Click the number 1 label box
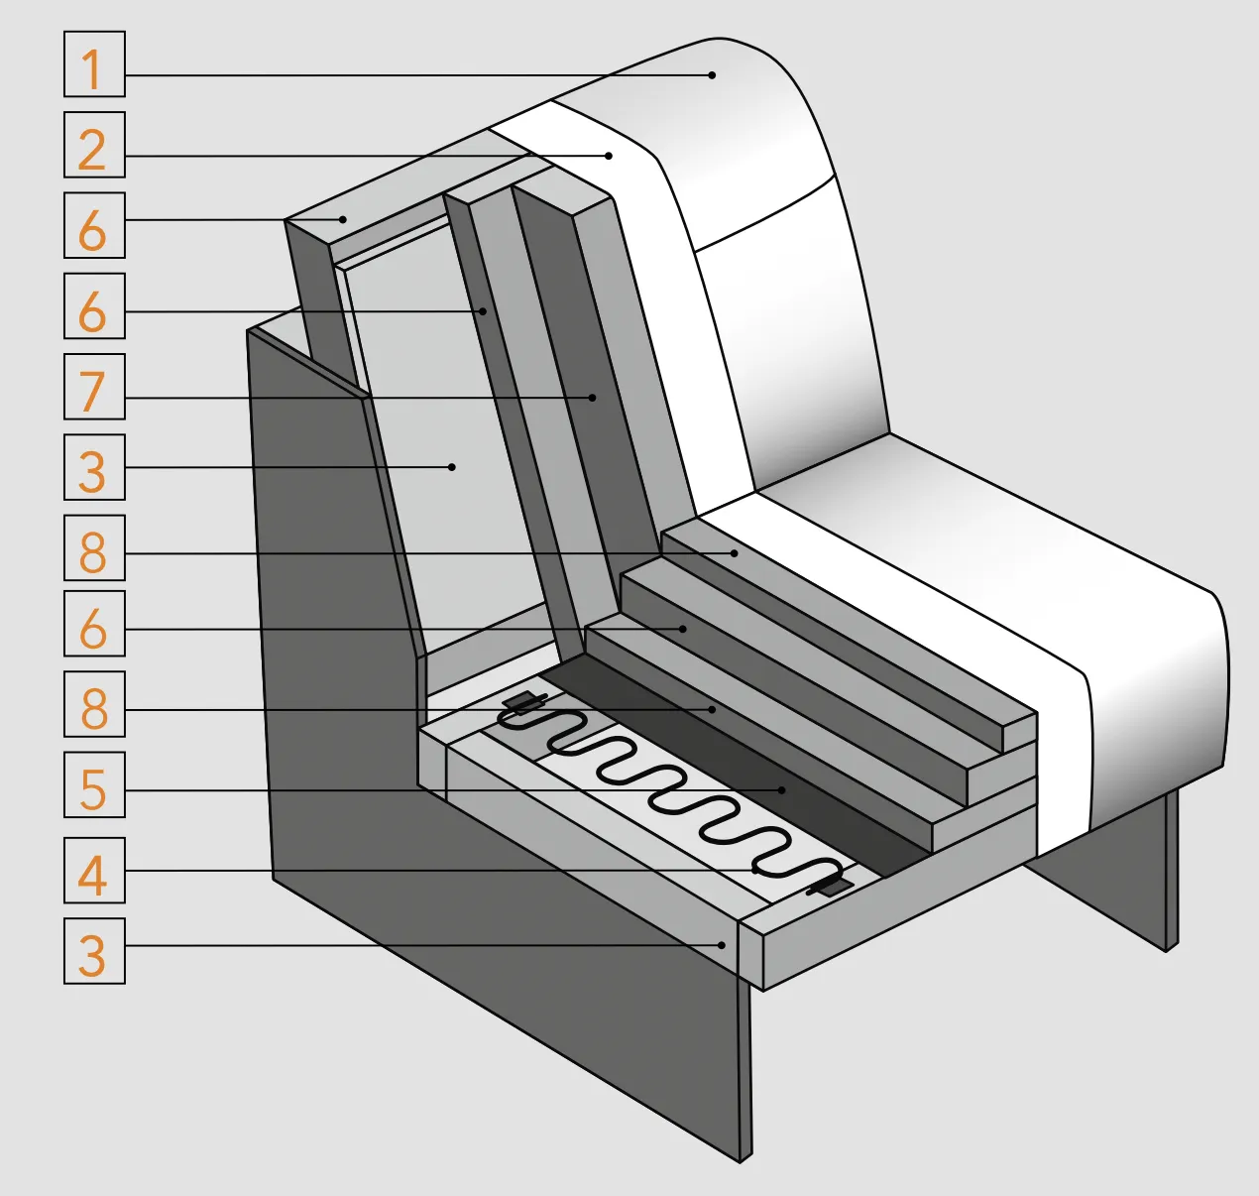[94, 64]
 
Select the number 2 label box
[94, 145]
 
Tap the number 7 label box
[94, 387]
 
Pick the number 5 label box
[94, 784]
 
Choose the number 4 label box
[94, 870]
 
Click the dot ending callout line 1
[712, 75]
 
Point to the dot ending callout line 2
[609, 155]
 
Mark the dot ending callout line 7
[593, 398]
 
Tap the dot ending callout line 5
[782, 789]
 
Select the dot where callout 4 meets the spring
[755, 871]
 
